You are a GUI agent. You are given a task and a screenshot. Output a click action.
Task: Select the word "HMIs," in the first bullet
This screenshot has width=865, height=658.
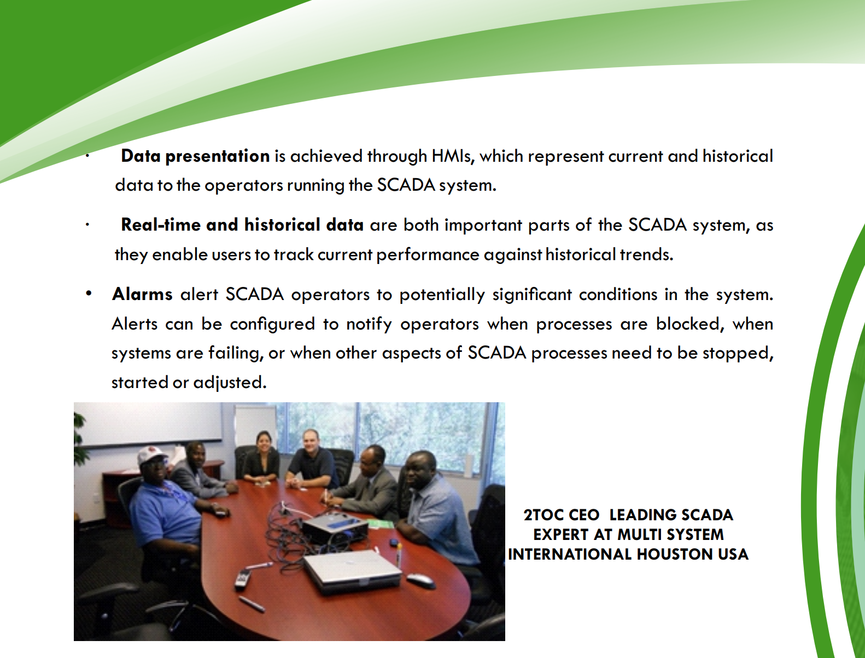click(x=453, y=156)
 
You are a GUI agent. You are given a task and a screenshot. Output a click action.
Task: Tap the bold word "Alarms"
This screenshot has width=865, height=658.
click(x=142, y=294)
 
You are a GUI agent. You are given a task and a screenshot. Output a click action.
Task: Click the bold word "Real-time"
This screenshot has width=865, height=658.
click(x=160, y=225)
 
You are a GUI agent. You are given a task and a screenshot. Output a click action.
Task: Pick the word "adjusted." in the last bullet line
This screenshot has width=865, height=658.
click(x=230, y=383)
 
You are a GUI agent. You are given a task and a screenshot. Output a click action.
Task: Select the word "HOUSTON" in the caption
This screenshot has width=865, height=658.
click(x=675, y=554)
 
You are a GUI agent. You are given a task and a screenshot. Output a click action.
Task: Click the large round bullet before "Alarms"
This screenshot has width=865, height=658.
click(x=89, y=293)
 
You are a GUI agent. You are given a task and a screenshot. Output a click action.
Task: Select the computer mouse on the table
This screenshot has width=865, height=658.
click(x=420, y=580)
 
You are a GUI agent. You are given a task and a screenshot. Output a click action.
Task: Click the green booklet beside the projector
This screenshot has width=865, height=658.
click(x=381, y=523)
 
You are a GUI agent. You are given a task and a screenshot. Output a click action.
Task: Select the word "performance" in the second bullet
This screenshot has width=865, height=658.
click(x=428, y=255)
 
